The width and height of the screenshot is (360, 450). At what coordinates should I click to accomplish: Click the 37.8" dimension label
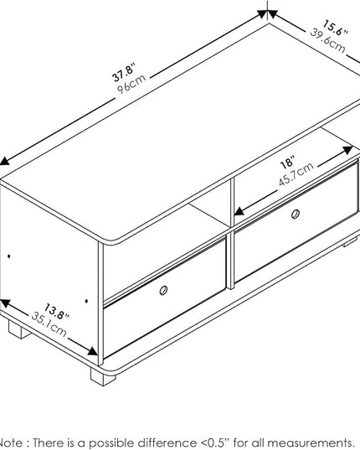click(x=124, y=73)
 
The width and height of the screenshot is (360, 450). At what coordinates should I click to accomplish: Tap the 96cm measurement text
click(x=131, y=84)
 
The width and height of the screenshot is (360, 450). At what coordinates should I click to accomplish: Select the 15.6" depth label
click(x=335, y=28)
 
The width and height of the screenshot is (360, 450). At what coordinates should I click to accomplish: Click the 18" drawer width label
click(x=287, y=163)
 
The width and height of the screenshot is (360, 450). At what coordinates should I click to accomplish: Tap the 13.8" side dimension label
click(x=57, y=311)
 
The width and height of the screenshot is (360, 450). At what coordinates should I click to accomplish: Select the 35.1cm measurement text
click(x=49, y=324)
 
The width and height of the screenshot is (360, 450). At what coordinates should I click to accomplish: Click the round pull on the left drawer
click(x=163, y=290)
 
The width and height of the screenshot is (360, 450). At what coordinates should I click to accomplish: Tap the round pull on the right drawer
click(x=296, y=214)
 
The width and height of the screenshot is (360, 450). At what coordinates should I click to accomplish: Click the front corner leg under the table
click(x=103, y=376)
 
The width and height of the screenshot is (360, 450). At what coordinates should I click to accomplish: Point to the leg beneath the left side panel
click(x=19, y=329)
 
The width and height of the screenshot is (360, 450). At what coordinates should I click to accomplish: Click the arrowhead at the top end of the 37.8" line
click(x=263, y=13)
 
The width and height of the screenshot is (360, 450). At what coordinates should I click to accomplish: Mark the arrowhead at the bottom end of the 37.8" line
click(x=4, y=161)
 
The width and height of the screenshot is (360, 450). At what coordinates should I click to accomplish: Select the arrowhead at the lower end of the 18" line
click(x=239, y=211)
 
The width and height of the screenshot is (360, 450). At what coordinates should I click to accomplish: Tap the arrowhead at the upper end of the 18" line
click(x=347, y=150)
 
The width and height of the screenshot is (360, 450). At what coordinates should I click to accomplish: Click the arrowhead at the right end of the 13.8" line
click(x=93, y=351)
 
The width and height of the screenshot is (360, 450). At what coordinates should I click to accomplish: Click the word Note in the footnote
click(x=11, y=442)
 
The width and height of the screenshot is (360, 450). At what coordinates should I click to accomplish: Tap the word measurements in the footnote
click(x=310, y=442)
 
